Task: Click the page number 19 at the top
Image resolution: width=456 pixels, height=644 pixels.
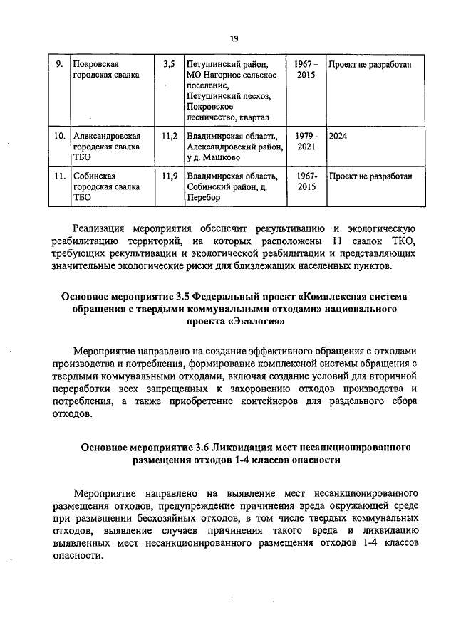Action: coord(233,38)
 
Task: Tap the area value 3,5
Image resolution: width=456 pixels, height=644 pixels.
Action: coord(169,64)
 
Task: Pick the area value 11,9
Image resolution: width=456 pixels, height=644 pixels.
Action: coord(169,176)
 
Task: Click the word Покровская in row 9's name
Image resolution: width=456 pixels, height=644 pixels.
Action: coord(96,64)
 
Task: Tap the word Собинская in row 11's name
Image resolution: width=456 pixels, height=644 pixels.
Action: coord(94,176)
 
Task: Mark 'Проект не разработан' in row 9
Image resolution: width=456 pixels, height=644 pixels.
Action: coord(370,64)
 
